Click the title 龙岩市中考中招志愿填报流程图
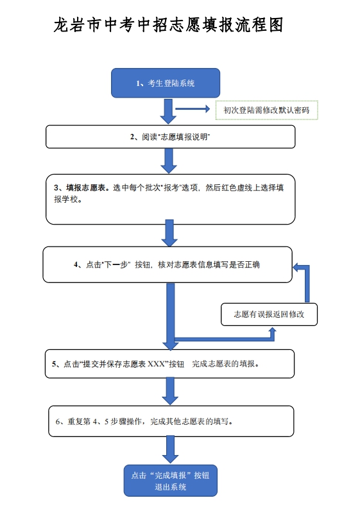tap(169, 26)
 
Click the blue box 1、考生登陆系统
tap(166, 83)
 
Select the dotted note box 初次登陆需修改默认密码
tap(266, 110)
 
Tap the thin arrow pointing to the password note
tap(193, 109)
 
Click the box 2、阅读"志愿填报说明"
tap(170, 137)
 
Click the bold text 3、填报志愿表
tap(83, 188)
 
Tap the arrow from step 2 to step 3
tap(169, 160)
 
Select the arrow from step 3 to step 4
tap(169, 233)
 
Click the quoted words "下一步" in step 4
tap(117, 264)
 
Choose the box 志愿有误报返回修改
tap(269, 314)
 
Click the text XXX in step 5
tap(157, 364)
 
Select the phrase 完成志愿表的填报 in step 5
tap(225, 364)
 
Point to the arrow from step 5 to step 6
tap(169, 390)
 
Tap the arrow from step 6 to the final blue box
tap(170, 449)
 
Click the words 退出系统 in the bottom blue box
tap(170, 487)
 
